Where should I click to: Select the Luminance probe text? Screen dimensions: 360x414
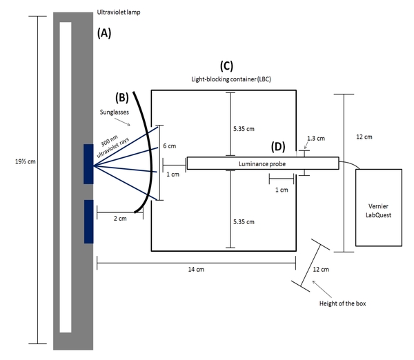pyautogui.click(x=262, y=163)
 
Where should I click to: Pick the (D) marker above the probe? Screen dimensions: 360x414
pyautogui.click(x=277, y=146)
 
